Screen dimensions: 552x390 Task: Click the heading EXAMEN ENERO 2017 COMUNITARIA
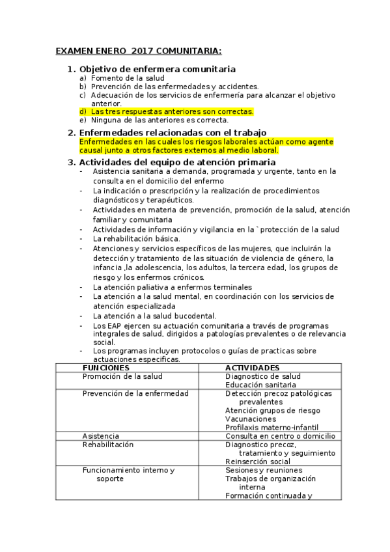138,51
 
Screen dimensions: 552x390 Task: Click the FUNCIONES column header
111,368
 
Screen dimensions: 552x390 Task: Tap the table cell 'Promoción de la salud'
122,376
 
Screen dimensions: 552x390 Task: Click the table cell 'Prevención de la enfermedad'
135,393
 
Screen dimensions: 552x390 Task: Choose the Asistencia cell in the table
101,435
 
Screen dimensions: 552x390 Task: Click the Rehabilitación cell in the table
108,444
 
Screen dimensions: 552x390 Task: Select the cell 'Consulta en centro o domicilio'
280,435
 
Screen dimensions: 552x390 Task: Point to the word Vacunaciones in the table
251,419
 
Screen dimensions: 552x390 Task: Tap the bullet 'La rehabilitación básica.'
136,238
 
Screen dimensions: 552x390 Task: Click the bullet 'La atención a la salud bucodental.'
154,316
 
